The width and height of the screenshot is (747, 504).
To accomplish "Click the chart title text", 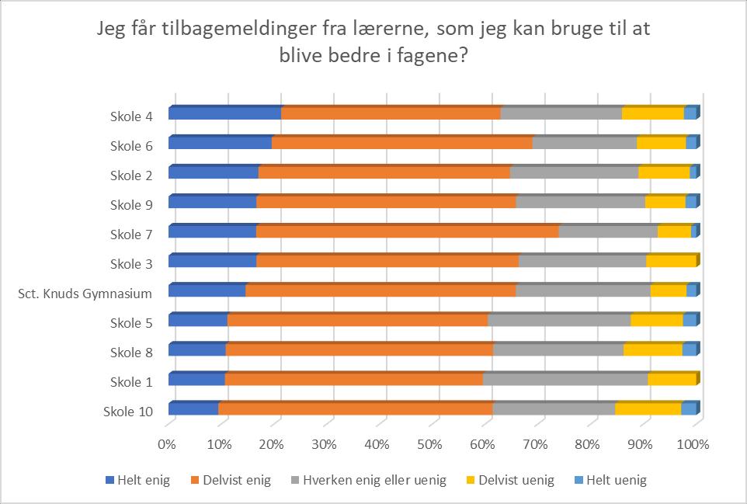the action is tap(373, 42).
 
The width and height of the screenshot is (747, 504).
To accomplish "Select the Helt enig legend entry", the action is tap(137, 480).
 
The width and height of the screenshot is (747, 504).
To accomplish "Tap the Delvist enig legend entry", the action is tap(231, 480).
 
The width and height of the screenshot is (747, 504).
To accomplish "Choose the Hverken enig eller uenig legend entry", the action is tap(369, 480).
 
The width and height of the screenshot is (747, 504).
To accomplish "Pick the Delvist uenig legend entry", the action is tap(509, 480).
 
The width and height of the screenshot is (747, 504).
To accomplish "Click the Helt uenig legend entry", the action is tap(610, 480).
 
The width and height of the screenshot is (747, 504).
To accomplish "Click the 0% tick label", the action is tap(166, 444).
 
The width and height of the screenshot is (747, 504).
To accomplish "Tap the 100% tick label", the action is tap(693, 444).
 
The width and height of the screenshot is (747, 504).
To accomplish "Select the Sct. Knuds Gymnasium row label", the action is tap(85, 294).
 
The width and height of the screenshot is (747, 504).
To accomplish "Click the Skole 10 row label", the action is tap(128, 412).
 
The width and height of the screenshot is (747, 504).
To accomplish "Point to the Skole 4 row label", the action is tap(131, 116).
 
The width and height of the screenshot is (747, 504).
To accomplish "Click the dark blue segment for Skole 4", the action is tap(225, 113).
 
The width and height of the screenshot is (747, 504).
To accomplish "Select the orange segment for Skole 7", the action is tap(408, 231).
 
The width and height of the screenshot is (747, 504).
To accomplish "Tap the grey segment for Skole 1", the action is tap(565, 378).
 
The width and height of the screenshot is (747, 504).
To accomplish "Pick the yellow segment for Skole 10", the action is tap(648, 408).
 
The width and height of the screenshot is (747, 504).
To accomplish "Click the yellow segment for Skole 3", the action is tap(671, 260).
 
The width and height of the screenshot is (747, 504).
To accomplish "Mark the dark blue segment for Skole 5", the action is tap(198, 319).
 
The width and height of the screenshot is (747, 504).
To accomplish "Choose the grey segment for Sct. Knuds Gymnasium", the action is tap(583, 290).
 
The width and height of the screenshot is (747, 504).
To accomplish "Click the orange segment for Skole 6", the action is tap(402, 142).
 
